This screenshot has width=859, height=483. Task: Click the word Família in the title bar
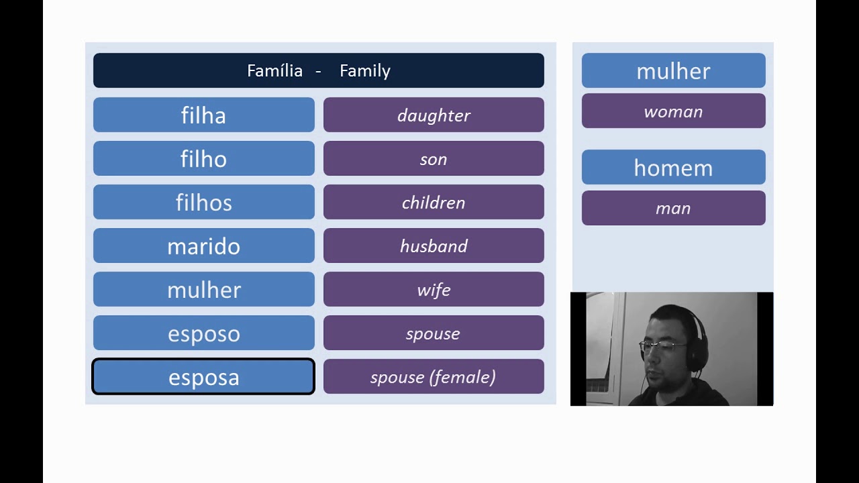pos(274,70)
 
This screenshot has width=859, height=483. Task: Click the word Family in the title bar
pos(364,70)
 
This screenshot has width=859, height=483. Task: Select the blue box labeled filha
pos(203,115)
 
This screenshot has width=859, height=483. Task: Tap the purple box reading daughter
pos(434,115)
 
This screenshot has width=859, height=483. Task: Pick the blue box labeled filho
pos(203,158)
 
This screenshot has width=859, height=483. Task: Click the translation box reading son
pos(434,158)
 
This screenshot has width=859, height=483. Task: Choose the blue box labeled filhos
pos(203,202)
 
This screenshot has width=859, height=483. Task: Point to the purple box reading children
pos(434,202)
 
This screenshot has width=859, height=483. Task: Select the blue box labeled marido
pos(203,246)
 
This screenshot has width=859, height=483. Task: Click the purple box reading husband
pos(434,246)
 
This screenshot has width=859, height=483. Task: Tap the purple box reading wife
pos(434,289)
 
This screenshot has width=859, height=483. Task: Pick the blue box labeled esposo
pos(203,333)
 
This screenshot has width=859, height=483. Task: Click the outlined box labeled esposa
pos(203,376)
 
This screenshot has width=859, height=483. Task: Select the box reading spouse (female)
pos(434,376)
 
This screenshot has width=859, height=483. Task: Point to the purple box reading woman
pos(673,111)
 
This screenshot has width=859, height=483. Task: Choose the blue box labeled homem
pos(673,167)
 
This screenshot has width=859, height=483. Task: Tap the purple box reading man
pos(673,208)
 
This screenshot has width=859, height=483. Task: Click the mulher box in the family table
pos(203,289)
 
